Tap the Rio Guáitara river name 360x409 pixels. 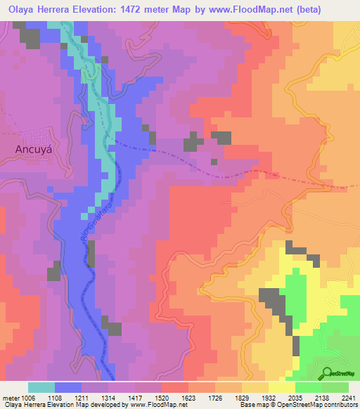pyautogui.click(x=88, y=224)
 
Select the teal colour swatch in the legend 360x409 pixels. pyautogui.click(x=41, y=387)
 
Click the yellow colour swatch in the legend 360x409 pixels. pyautogui.click(x=282, y=387)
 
